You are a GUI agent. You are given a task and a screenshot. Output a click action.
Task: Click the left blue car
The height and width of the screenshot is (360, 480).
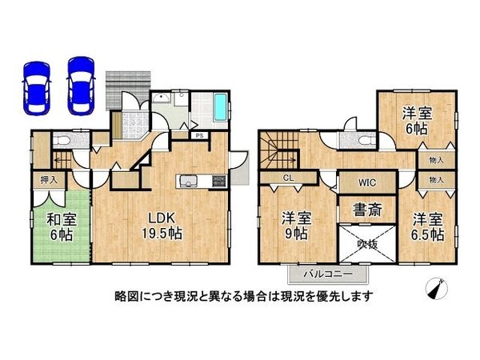pyautogui.click(x=36, y=85)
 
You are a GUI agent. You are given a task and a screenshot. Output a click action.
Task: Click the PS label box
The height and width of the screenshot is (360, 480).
pyautogui.click(x=199, y=136)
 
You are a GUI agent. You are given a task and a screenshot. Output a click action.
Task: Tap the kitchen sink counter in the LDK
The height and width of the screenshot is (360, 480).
pyautogui.click(x=198, y=180)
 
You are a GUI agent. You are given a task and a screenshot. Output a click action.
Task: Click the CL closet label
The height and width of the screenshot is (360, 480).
pyautogui.click(x=286, y=178)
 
